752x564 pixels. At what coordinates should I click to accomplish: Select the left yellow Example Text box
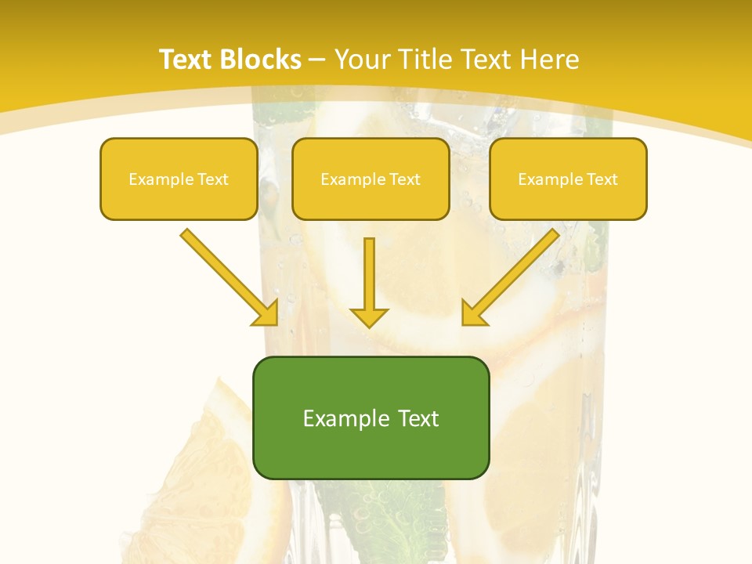tap(179, 179)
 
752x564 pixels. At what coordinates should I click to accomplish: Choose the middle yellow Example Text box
tap(371, 179)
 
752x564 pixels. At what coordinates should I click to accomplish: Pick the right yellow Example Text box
tap(568, 179)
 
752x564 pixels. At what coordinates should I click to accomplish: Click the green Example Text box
tap(371, 418)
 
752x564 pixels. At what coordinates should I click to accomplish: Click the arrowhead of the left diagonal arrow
tap(266, 313)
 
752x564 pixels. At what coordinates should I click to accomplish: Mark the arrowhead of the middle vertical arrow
tap(369, 316)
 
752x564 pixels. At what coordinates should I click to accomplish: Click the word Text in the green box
tap(416, 418)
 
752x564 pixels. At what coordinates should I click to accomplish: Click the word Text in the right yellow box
tap(602, 179)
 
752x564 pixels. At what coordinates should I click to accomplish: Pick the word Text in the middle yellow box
tap(405, 179)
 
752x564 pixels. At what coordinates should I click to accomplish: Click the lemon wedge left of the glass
tap(211, 470)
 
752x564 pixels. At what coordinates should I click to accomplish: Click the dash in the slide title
tap(317, 60)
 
